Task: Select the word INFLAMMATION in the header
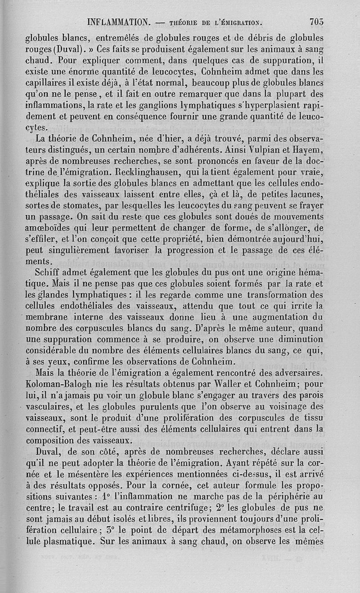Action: (120, 22)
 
